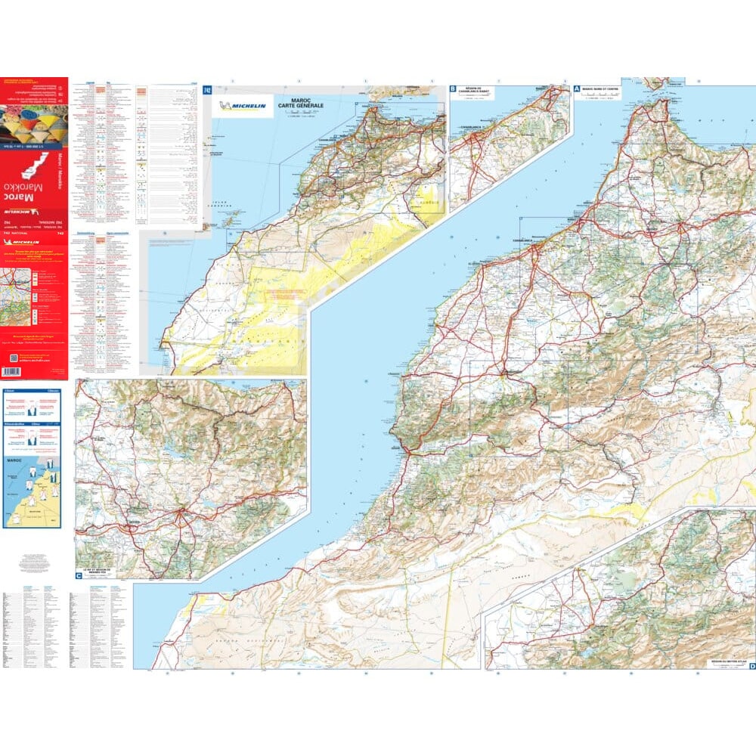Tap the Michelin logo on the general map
pyautogui.click(x=242, y=107)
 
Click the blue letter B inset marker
pyautogui.click(x=453, y=88)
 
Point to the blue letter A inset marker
pyautogui.click(x=577, y=88)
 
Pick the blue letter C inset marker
pyautogui.click(x=79, y=576)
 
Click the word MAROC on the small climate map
pyautogui.click(x=14, y=460)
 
